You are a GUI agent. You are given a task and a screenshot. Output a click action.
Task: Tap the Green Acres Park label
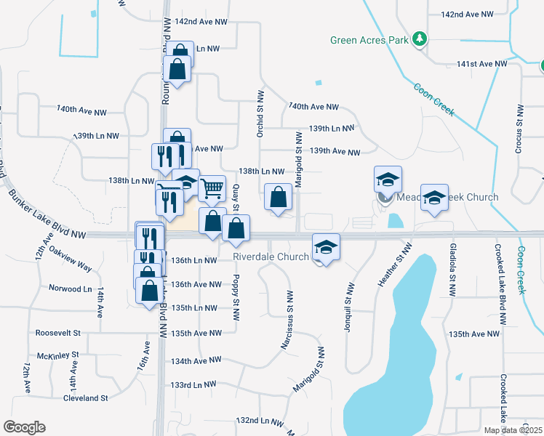click(369, 41)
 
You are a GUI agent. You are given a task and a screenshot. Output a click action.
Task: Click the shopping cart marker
click(212, 188)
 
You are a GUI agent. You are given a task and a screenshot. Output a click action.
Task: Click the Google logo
click(24, 427)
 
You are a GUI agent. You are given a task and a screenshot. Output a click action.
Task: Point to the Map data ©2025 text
click(513, 430)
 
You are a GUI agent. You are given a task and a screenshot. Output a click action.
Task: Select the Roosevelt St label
click(57, 333)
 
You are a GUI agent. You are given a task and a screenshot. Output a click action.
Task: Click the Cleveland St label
click(85, 398)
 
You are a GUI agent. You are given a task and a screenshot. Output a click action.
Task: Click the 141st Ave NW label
click(481, 64)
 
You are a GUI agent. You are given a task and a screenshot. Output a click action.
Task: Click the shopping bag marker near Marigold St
click(279, 197)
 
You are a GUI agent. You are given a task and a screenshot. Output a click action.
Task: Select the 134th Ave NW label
click(196, 360)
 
